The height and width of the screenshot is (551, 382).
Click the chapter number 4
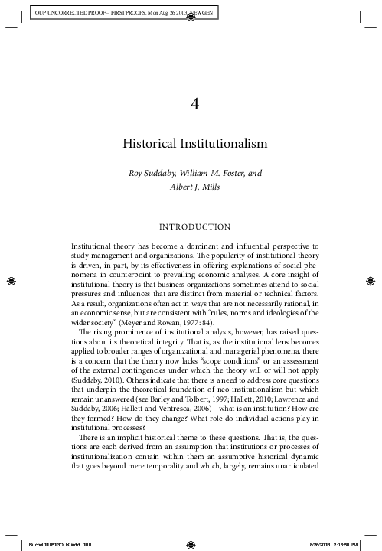[x=194, y=105]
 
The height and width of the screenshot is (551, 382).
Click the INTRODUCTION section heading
[x=194, y=227]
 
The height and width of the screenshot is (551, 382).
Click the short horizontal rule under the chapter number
[x=194, y=120]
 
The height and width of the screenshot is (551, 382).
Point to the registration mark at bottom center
[x=191, y=543]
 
